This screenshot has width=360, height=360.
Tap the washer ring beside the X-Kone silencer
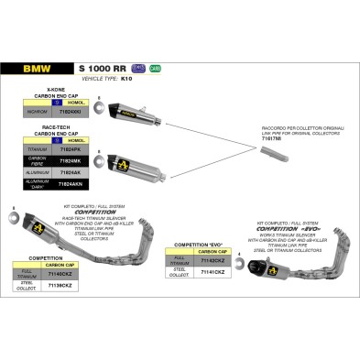click(99, 106)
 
